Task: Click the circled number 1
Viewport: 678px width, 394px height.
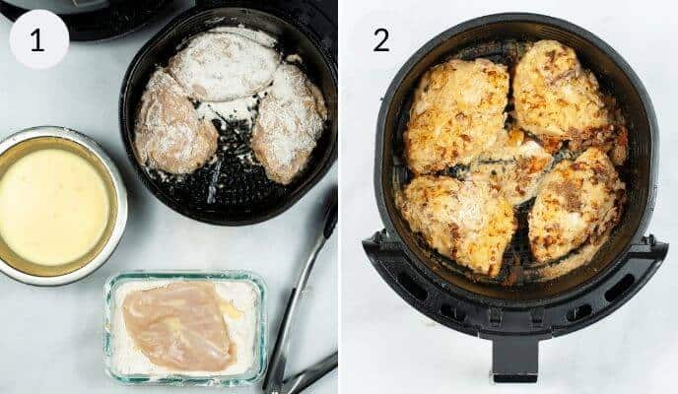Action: pos(38,39)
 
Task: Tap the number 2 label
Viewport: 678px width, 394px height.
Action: pos(380,40)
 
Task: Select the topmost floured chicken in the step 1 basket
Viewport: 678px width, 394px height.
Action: pos(224,66)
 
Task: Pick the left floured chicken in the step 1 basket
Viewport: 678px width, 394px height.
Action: pos(174,122)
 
